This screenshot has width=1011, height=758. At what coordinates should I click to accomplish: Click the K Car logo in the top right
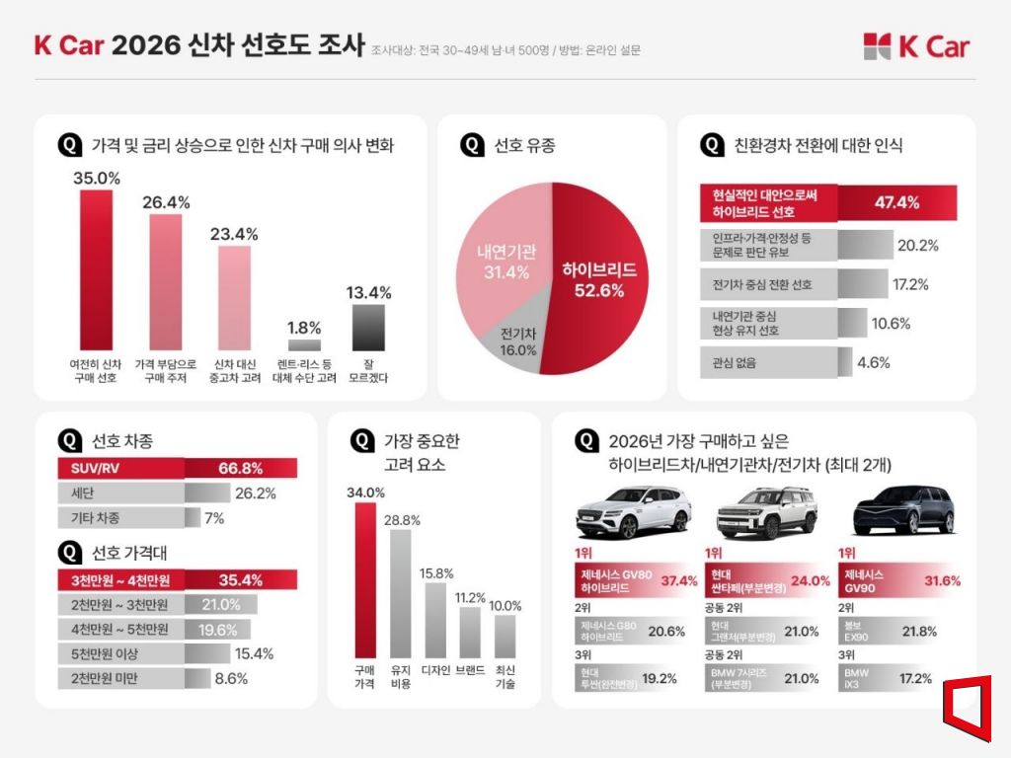click(x=915, y=46)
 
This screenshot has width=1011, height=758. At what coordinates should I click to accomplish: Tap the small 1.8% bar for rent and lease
click(x=304, y=345)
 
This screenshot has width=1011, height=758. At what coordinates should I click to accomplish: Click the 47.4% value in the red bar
click(x=896, y=203)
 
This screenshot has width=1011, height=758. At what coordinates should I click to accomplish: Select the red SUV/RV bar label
click(x=97, y=468)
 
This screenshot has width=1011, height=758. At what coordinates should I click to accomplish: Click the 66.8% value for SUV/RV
click(x=239, y=468)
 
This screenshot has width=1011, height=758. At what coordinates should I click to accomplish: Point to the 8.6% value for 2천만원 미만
click(x=231, y=678)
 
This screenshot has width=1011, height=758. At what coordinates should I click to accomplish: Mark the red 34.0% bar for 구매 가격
click(x=365, y=579)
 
